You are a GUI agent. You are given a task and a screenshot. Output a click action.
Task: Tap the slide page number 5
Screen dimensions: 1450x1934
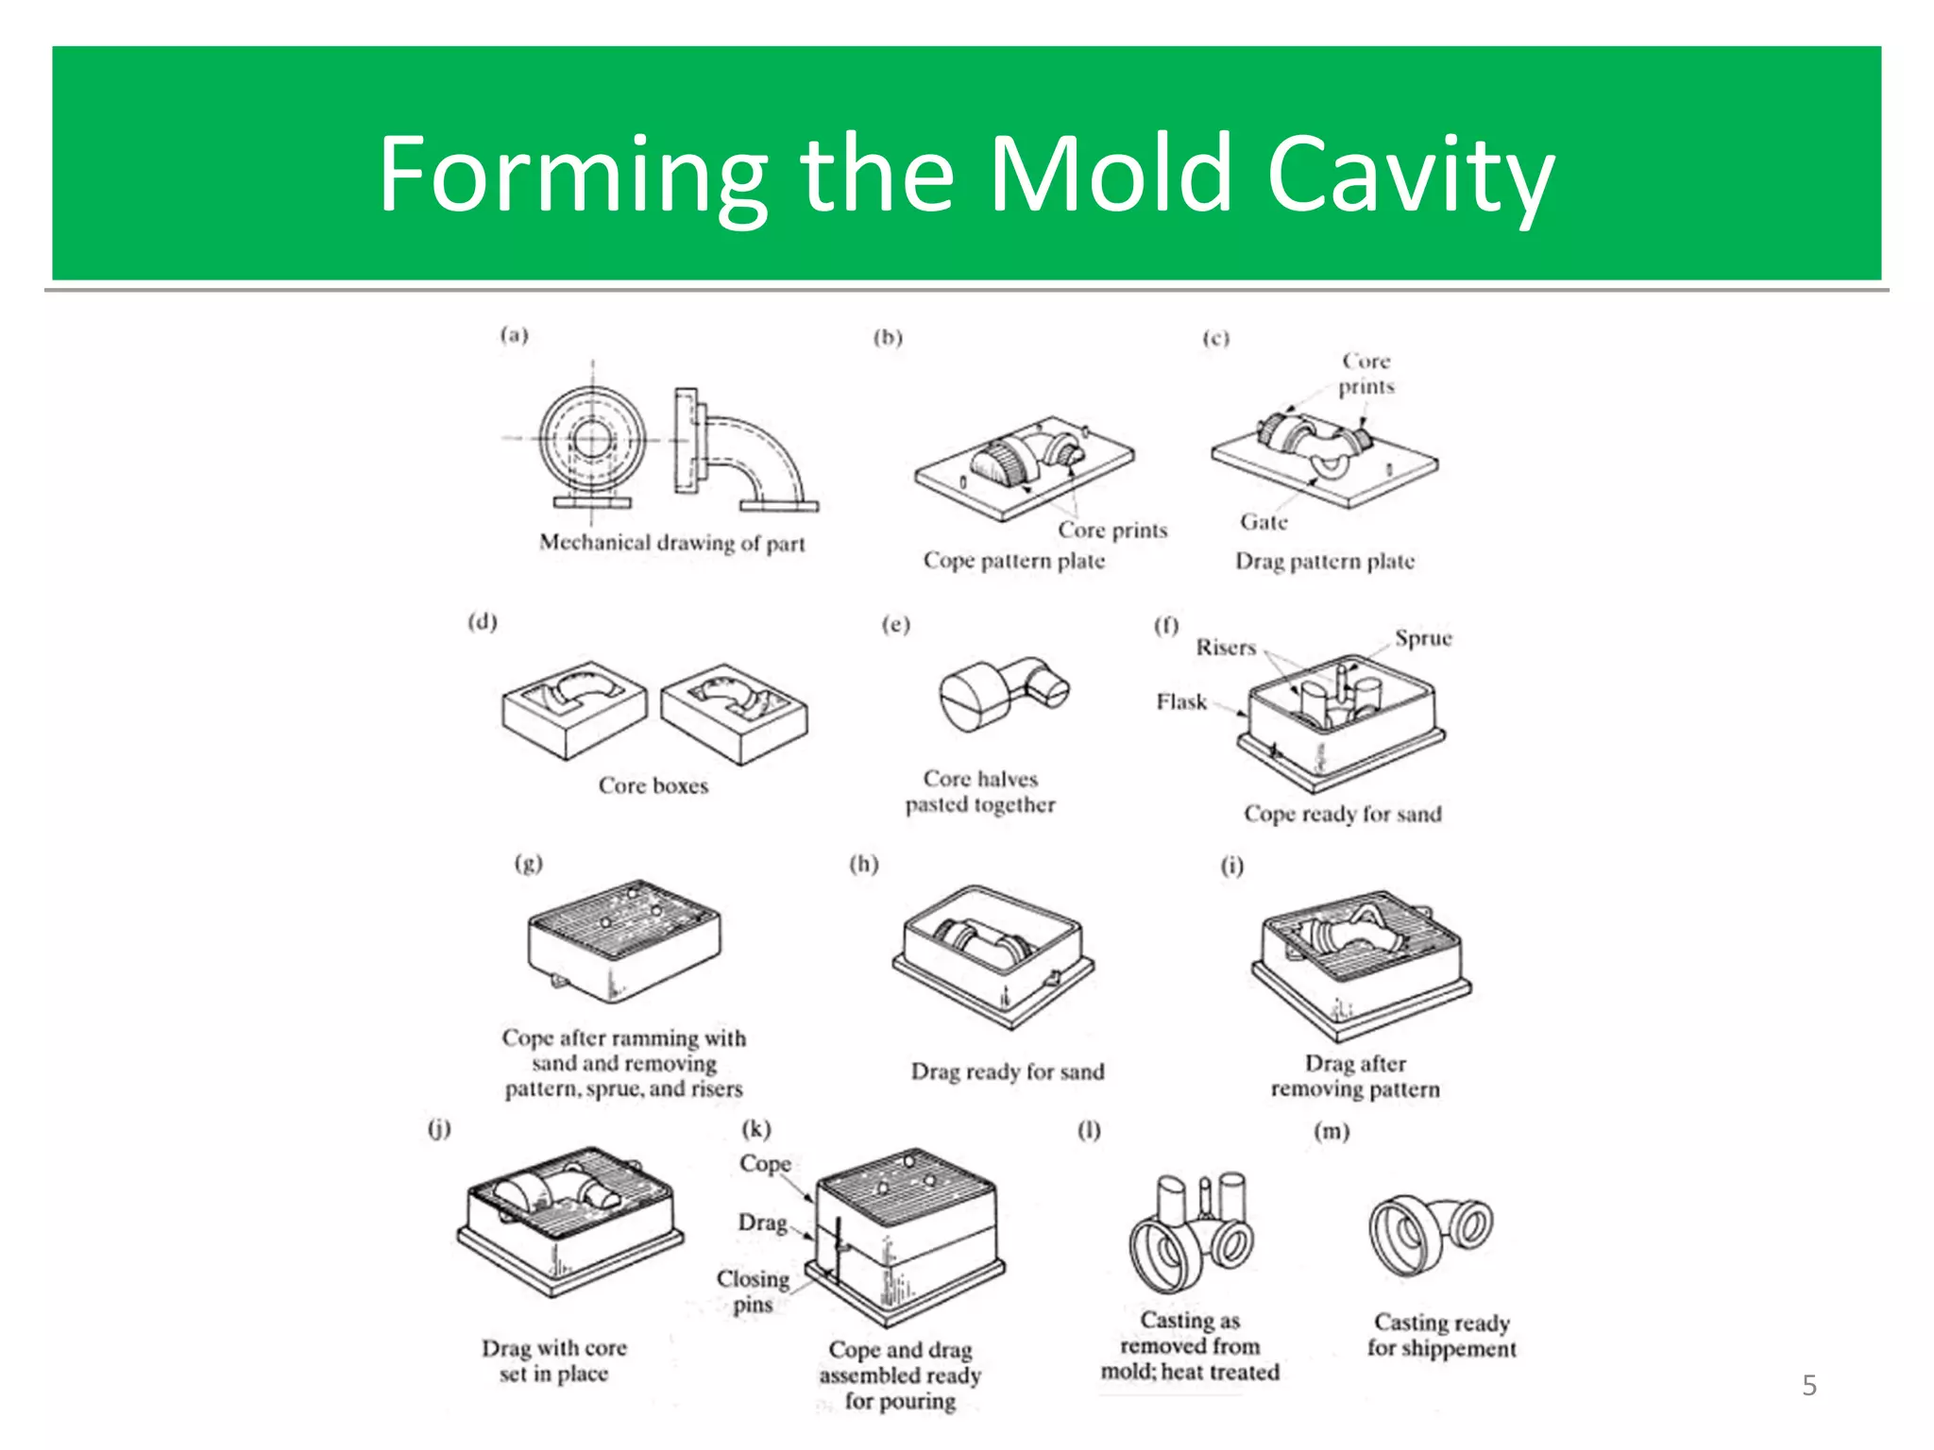[x=1808, y=1385]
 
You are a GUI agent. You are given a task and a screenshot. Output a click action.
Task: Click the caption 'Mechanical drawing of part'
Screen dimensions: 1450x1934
[x=671, y=543]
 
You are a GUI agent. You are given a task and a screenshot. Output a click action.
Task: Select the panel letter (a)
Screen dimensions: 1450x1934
[x=515, y=335]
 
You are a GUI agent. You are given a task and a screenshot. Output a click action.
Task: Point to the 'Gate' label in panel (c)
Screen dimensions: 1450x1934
[x=1264, y=522]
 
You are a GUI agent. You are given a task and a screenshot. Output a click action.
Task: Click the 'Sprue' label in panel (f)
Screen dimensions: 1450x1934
[x=1423, y=638]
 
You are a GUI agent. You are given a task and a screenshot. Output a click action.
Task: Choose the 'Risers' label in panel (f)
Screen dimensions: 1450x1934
[x=1226, y=648]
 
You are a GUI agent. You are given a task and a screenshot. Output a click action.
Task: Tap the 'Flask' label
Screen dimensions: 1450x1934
[x=1181, y=701]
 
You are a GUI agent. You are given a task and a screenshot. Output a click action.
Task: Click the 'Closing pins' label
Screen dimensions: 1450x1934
[x=753, y=1290]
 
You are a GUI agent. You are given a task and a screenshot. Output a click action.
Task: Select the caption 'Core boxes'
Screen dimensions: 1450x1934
[x=653, y=785]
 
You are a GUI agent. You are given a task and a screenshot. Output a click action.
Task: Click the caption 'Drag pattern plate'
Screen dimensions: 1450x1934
[x=1325, y=562]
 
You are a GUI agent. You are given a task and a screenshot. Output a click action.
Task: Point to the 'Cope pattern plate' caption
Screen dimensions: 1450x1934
[x=1013, y=561]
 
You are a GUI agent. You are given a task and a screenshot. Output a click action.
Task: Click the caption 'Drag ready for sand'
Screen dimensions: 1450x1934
[x=1007, y=1071]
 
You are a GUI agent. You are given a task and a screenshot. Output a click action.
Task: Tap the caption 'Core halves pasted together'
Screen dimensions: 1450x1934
[x=980, y=791]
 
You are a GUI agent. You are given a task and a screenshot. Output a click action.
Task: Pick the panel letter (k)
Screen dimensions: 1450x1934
[x=756, y=1129]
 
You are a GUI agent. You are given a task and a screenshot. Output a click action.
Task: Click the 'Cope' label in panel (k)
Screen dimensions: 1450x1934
[x=765, y=1163]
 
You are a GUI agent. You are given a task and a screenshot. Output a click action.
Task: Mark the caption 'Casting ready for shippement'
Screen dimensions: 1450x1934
[x=1441, y=1335]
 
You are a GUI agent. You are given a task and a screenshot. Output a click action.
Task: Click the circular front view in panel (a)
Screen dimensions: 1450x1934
[x=592, y=439]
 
